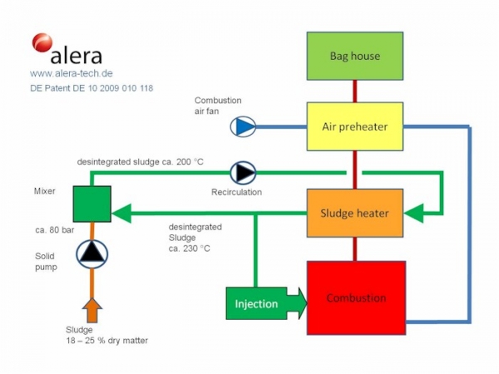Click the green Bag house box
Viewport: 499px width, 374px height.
(x=355, y=57)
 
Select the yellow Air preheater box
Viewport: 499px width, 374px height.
(x=355, y=126)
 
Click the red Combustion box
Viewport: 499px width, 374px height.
(x=356, y=297)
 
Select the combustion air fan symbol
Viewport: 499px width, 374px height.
(x=244, y=126)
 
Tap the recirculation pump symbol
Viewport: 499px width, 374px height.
(x=244, y=172)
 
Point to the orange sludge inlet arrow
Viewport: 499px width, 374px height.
(x=92, y=309)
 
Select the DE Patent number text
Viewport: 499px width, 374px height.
(x=91, y=87)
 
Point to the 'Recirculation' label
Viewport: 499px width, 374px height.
(x=236, y=192)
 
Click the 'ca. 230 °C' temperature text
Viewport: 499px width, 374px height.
(x=190, y=248)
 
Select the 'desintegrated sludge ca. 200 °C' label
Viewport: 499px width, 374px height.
(x=140, y=161)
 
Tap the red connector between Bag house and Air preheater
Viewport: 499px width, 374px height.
(x=355, y=91)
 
